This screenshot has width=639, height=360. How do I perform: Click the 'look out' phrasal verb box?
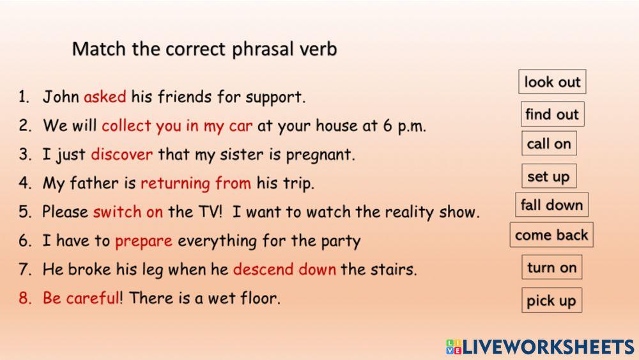click(x=552, y=82)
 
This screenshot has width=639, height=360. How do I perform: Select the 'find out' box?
click(x=552, y=114)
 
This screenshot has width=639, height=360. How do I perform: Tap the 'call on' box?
click(x=548, y=144)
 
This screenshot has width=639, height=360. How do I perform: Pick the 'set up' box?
click(x=548, y=176)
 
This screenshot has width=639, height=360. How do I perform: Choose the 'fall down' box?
click(x=551, y=205)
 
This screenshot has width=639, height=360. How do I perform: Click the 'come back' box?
click(x=551, y=235)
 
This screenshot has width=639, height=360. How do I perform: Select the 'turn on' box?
click(x=551, y=267)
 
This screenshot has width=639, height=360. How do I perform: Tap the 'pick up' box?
click(x=551, y=301)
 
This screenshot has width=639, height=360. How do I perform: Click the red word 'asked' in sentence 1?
click(x=105, y=97)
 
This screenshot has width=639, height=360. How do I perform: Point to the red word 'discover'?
click(x=122, y=155)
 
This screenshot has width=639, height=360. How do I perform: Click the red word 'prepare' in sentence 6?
click(x=144, y=241)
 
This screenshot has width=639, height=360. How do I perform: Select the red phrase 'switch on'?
click(x=128, y=212)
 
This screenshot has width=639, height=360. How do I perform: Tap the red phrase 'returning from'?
click(x=196, y=184)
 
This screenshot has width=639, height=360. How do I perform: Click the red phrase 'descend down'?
click(x=284, y=269)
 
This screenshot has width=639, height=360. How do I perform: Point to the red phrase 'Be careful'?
click(x=81, y=298)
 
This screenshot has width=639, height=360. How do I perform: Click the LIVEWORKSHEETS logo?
click(x=540, y=347)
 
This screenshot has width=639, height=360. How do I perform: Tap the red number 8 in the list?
click(x=24, y=298)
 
